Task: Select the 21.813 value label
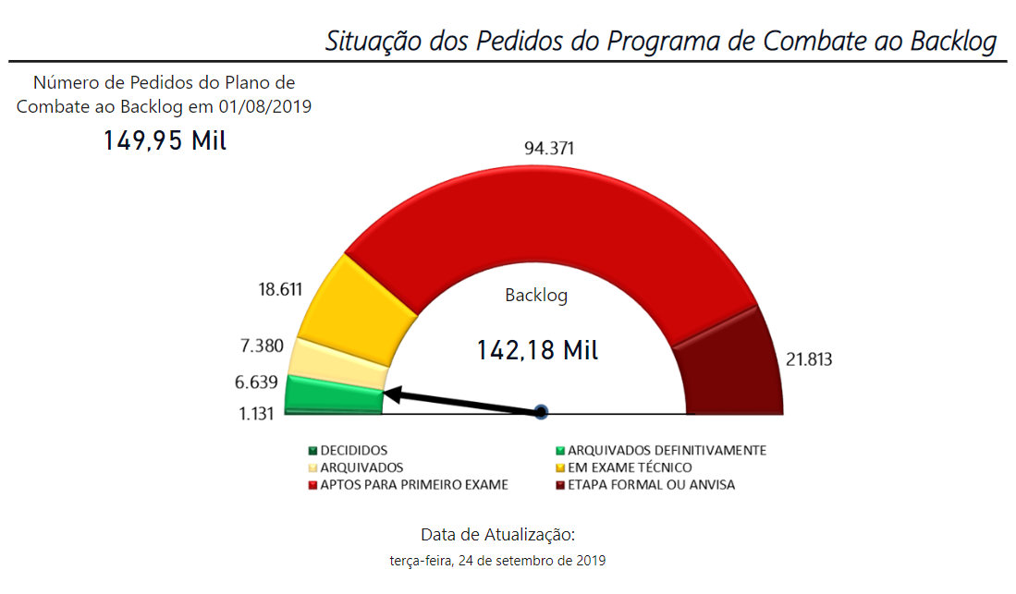pyautogui.click(x=808, y=359)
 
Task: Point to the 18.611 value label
pyautogui.click(x=280, y=289)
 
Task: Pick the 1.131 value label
pyautogui.click(x=256, y=414)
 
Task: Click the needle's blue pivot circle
pyautogui.click(x=542, y=412)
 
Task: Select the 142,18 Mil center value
pyautogui.click(x=537, y=351)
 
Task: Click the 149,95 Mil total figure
pyautogui.click(x=165, y=141)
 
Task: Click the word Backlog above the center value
pyautogui.click(x=536, y=296)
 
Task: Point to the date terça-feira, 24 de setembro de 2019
pyautogui.click(x=498, y=560)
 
